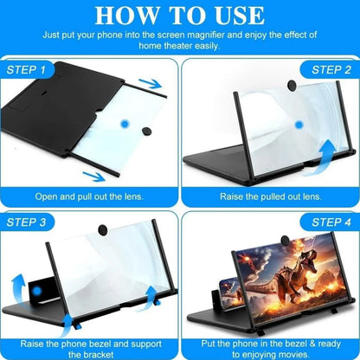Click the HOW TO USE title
pyautogui.click(x=179, y=16)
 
